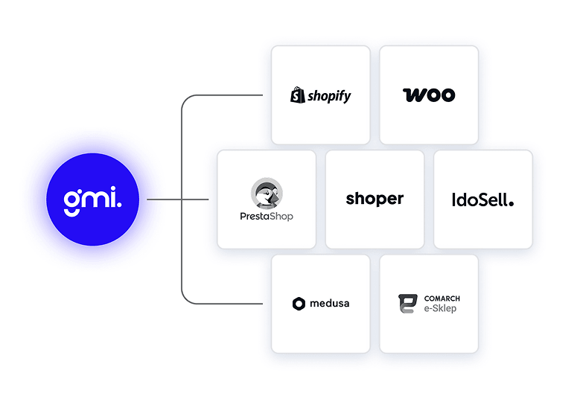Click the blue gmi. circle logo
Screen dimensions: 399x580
tap(92, 199)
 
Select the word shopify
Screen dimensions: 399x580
tap(328, 96)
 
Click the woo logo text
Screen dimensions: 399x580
tap(429, 95)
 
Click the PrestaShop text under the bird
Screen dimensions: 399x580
tap(267, 216)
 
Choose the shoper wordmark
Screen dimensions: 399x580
tap(375, 199)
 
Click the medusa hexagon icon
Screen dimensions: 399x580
tap(299, 303)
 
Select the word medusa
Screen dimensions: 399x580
tap(330, 303)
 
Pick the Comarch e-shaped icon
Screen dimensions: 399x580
tap(407, 304)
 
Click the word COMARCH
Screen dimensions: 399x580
tap(442, 299)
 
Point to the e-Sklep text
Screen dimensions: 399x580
tap(440, 309)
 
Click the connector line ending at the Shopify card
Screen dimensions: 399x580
tap(223, 95)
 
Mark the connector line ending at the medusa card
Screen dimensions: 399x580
tap(223, 304)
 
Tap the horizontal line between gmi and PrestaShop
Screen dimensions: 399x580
tap(178, 199)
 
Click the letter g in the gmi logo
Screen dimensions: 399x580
tap(72, 200)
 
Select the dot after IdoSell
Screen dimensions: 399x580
tap(512, 202)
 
